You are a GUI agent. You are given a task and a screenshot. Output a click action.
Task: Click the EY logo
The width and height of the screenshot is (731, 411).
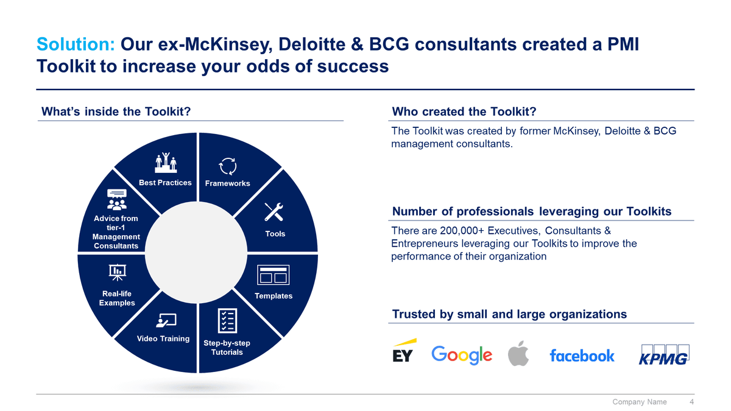pos(402,351)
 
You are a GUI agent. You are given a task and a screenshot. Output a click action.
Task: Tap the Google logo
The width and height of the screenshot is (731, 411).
pos(462,355)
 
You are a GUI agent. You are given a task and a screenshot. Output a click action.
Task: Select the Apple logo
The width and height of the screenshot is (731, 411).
pos(518,353)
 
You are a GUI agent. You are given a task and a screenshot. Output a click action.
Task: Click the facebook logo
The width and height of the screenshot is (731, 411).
pos(582,356)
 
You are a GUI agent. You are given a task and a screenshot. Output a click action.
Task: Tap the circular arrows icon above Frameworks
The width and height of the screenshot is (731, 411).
pos(227,166)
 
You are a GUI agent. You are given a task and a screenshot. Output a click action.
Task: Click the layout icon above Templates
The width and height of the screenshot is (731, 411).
pos(273,275)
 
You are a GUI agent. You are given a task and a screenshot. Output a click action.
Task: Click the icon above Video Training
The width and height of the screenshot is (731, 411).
pos(166,320)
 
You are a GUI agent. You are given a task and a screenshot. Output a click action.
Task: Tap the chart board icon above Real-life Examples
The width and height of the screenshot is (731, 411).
pos(117,272)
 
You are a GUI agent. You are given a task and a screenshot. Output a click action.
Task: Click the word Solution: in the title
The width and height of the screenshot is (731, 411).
pos(76,44)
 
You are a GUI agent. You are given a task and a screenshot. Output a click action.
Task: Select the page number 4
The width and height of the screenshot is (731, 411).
pos(691,402)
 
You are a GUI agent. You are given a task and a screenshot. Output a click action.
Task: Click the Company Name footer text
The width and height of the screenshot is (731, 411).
pos(639,402)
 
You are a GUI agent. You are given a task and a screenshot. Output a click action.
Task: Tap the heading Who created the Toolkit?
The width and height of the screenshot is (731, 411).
pos(464,111)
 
